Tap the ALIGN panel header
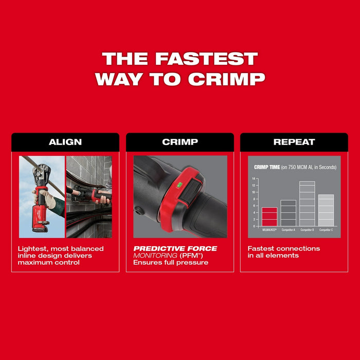tap(65, 142)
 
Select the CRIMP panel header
tap(179, 142)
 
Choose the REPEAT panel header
tap(294, 142)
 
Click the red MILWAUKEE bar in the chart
tap(269, 217)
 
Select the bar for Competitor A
tap(288, 213)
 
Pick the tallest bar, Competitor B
tap(307, 204)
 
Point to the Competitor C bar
tap(326, 210)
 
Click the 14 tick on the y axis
tap(254, 179)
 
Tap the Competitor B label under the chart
tap(307, 230)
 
